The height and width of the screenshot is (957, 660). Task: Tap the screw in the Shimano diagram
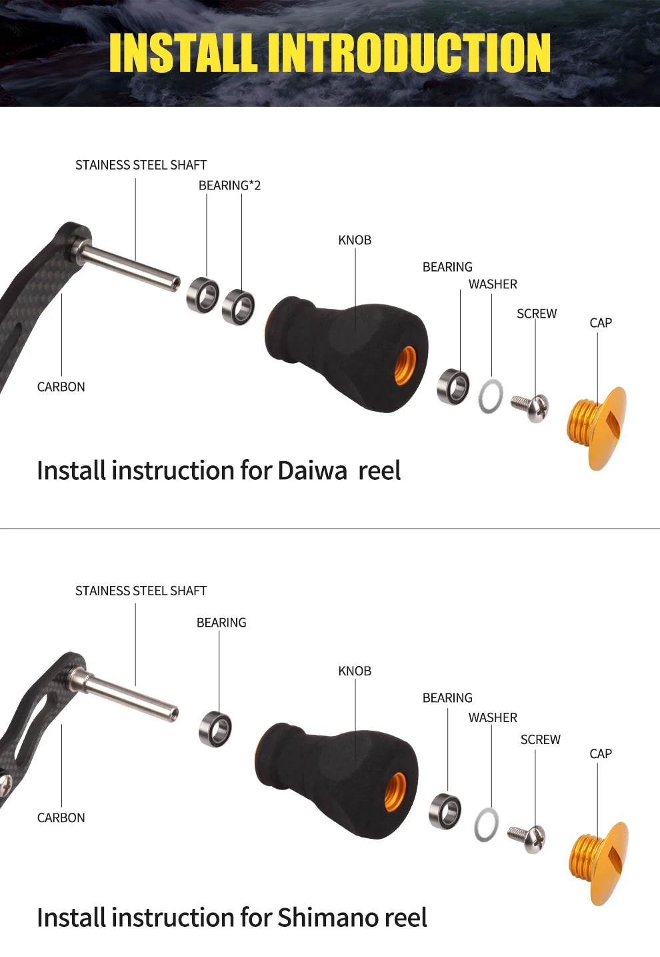527,837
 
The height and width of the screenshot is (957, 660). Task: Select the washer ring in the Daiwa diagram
491,396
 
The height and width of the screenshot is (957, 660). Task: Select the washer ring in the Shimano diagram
486,824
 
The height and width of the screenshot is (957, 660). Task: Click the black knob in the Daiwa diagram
347,350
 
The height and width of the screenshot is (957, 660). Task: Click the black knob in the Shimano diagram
337,779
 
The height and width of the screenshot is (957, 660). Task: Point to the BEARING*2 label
229,186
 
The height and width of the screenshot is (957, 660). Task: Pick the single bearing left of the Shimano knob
215,729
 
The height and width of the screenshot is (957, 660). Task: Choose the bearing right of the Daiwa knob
453,386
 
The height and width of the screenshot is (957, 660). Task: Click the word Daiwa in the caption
313,470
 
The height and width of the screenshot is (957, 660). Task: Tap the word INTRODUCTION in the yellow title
409,53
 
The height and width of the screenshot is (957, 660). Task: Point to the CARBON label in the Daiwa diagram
61,387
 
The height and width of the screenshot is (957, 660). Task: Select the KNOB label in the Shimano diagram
355,671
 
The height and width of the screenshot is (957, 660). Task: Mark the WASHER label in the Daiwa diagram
493,284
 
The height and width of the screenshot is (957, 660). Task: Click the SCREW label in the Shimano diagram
540,739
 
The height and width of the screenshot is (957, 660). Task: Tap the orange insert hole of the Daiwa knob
405,366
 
